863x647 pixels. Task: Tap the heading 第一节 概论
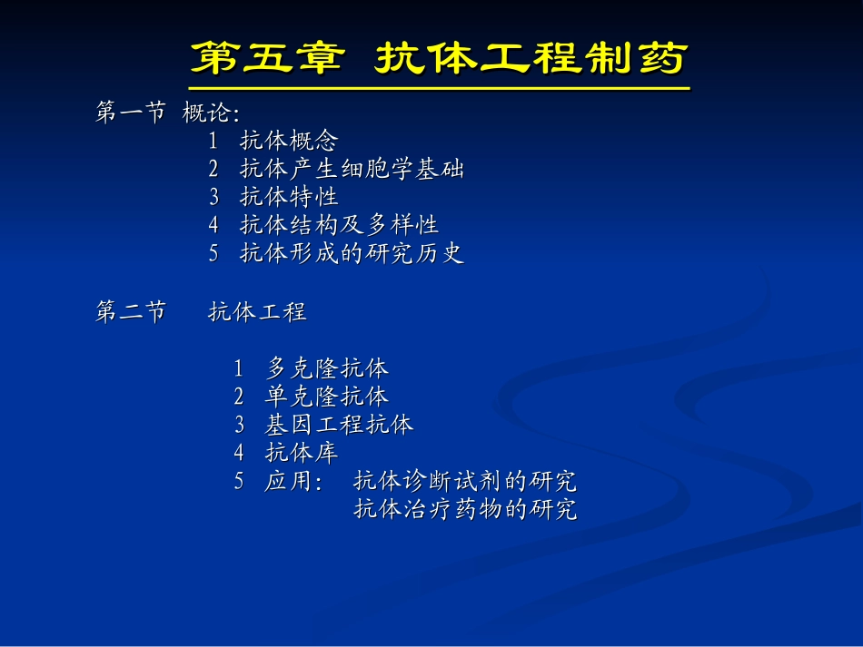[168, 113]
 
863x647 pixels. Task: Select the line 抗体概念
[289, 142]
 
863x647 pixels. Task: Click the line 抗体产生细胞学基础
[352, 170]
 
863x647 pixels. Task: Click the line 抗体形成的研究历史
[352, 254]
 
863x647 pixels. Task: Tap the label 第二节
[131, 313]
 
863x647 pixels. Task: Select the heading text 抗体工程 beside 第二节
[257, 313]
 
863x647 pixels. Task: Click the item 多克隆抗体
[327, 368]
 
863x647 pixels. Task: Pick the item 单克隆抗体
[327, 397]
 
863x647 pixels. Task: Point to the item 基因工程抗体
[339, 425]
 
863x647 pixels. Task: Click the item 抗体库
[302, 453]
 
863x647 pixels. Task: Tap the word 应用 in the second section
[289, 481]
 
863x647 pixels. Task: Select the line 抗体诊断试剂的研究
[465, 481]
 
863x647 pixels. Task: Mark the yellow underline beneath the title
[438, 89]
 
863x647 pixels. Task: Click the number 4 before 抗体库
[239, 453]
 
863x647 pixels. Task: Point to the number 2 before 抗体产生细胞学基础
[213, 170]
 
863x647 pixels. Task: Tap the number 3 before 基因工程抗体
[239, 425]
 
